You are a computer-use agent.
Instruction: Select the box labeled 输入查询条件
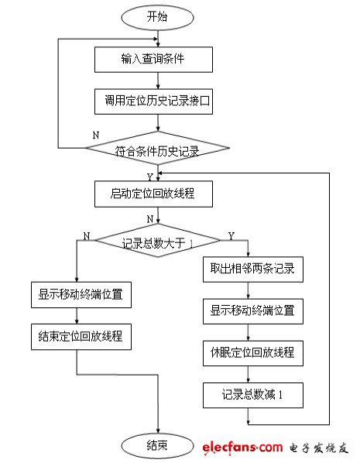pos(158,59)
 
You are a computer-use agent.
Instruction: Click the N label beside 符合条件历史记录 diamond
pos(96,135)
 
